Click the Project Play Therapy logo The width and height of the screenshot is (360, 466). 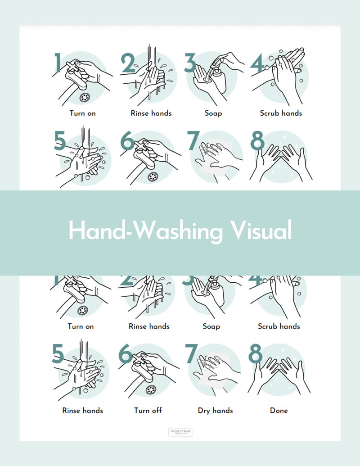tap(180, 433)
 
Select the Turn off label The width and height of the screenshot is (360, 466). tap(148, 411)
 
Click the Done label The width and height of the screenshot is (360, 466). tap(279, 411)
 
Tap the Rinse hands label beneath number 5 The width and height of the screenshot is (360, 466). tap(82, 411)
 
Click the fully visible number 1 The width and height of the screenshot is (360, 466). tap(58, 63)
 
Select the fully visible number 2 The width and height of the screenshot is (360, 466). tap(128, 63)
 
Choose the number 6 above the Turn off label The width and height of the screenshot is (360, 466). tap(127, 354)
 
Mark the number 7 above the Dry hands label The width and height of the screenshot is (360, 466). tap(193, 355)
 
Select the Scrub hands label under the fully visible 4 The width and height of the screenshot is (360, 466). tap(281, 113)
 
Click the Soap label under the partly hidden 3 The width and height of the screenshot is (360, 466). tap(211, 326)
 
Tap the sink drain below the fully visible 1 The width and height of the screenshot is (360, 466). tap(84, 96)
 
